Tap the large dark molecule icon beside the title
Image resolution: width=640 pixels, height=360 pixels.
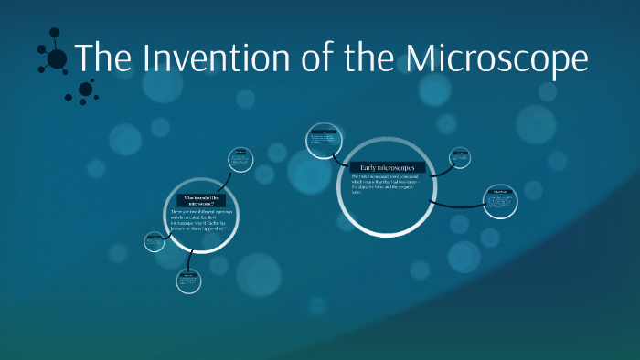(x=55, y=58)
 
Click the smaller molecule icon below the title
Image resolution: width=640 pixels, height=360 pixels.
(x=86, y=90)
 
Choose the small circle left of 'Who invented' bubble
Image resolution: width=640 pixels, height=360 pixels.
(x=154, y=242)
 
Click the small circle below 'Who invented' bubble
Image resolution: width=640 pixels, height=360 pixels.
(x=188, y=281)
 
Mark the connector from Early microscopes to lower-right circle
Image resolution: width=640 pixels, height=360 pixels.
(x=453, y=204)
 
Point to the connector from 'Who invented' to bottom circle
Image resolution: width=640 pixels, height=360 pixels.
(x=190, y=259)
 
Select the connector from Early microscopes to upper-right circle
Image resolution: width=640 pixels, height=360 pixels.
(x=438, y=170)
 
